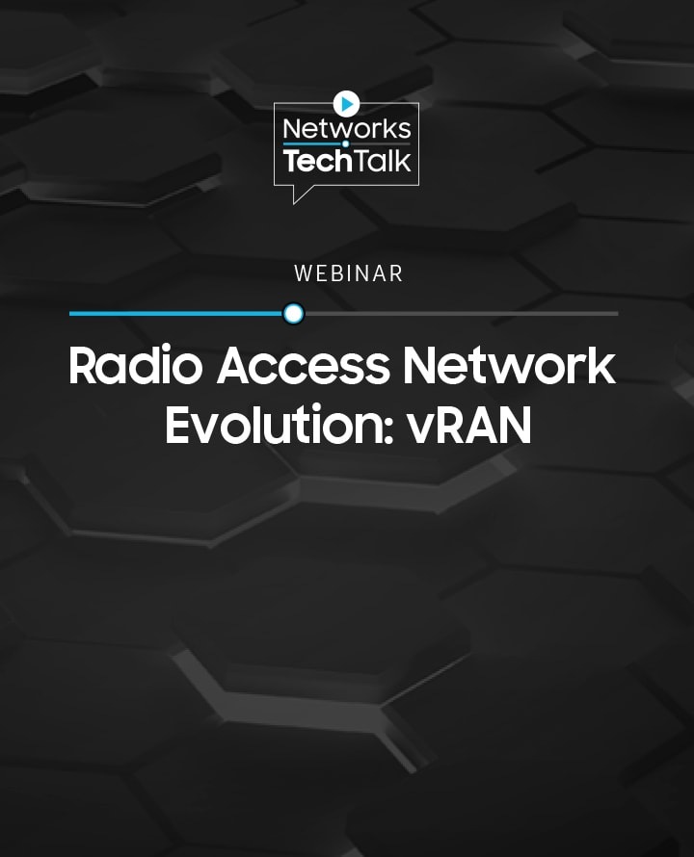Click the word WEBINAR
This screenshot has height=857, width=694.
click(348, 273)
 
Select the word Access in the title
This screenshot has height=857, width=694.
click(304, 365)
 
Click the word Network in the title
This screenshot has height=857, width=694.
click(510, 365)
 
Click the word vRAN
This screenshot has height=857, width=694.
click(469, 425)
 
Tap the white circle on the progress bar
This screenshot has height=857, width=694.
click(294, 314)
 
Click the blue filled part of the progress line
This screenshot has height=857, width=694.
click(176, 314)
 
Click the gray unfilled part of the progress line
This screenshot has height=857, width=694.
click(461, 314)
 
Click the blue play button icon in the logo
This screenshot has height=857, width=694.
click(346, 103)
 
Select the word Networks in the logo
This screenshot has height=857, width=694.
click(347, 129)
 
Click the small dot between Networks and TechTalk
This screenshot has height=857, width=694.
click(345, 144)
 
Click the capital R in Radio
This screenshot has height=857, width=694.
click(83, 366)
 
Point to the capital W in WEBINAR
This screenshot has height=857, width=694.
click(304, 273)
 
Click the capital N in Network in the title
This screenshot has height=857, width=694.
click(420, 366)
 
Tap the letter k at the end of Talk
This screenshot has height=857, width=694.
click(404, 161)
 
